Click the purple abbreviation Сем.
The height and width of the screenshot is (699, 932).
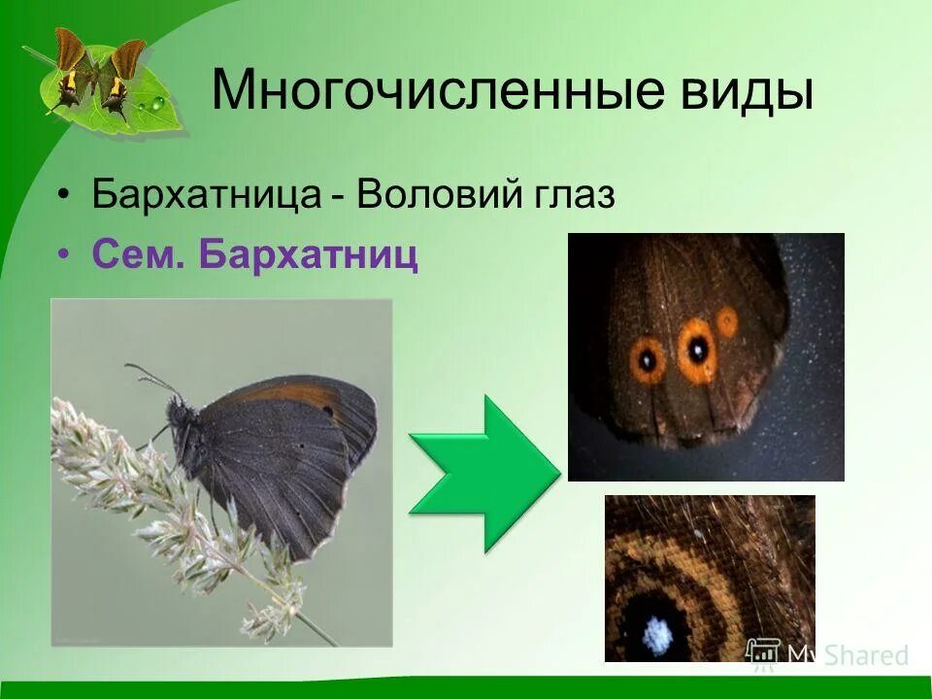coord(137,254)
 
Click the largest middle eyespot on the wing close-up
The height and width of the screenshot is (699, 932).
coord(697,349)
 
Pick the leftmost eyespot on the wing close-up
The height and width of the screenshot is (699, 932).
coord(648,359)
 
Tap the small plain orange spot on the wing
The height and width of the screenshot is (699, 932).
coord(727,320)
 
